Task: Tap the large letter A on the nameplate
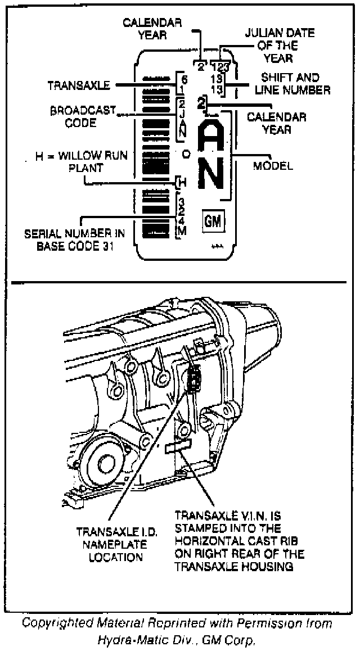(214, 137)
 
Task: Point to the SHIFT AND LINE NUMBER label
(290, 83)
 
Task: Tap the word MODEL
(273, 166)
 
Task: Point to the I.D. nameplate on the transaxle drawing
(194, 382)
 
